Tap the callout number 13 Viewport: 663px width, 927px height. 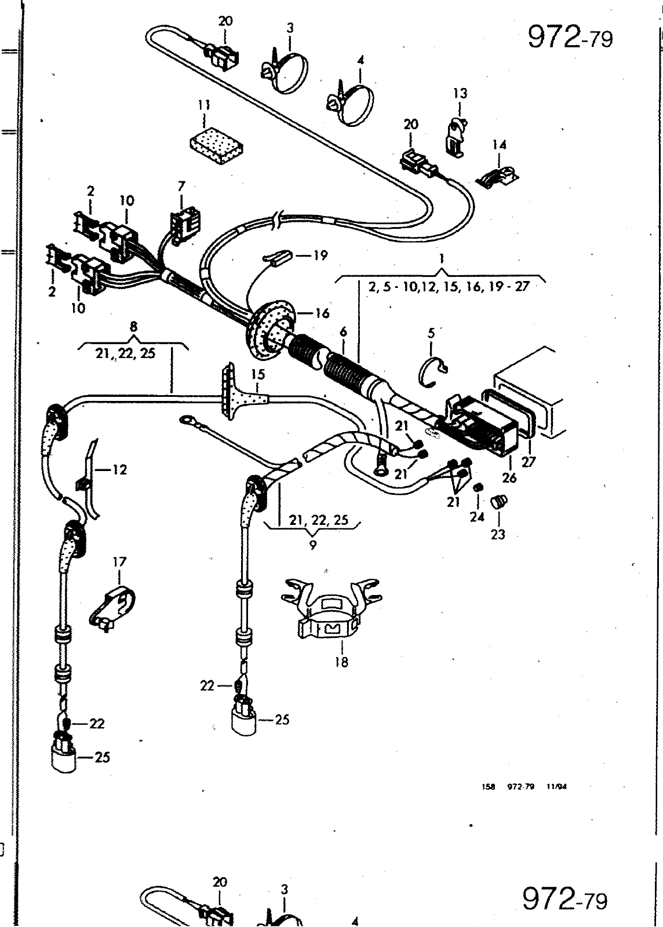point(460,93)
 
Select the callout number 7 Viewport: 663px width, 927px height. point(181,187)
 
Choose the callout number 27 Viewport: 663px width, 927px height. point(529,461)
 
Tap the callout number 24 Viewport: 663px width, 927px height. point(477,516)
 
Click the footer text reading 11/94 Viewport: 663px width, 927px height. point(556,787)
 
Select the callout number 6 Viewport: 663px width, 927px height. point(343,332)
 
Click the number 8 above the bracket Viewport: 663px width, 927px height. point(133,327)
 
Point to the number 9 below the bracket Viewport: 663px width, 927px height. point(312,545)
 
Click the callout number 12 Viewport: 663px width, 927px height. point(119,470)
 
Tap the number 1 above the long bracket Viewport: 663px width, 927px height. point(442,259)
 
